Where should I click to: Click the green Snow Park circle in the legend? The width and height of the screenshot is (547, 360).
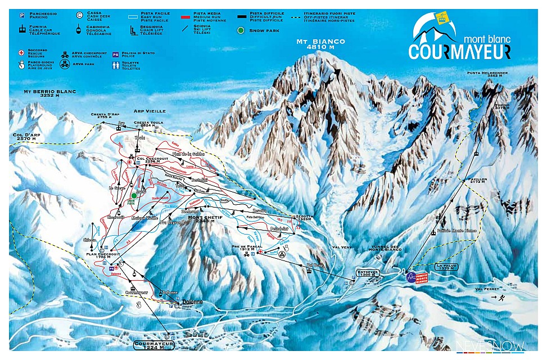pos(241,30)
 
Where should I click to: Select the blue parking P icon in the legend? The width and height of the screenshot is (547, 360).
pos(21,13)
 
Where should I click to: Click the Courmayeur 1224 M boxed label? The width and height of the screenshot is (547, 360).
pos(154,344)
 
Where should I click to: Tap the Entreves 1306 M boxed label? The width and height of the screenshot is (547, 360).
pos(368,273)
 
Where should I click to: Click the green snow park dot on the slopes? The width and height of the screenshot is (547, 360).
pos(134,196)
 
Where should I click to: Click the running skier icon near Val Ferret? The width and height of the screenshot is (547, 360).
pos(508,298)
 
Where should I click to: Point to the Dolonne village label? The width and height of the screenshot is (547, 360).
pos(191,303)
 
